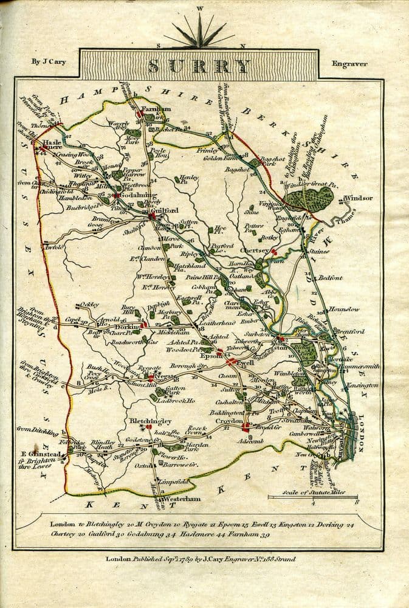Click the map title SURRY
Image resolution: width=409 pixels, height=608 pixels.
coord(199,65)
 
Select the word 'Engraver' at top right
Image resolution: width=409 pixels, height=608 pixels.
coord(349,64)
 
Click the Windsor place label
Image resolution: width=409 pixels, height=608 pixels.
coord(357,198)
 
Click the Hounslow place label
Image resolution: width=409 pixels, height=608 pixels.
coord(344,309)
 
